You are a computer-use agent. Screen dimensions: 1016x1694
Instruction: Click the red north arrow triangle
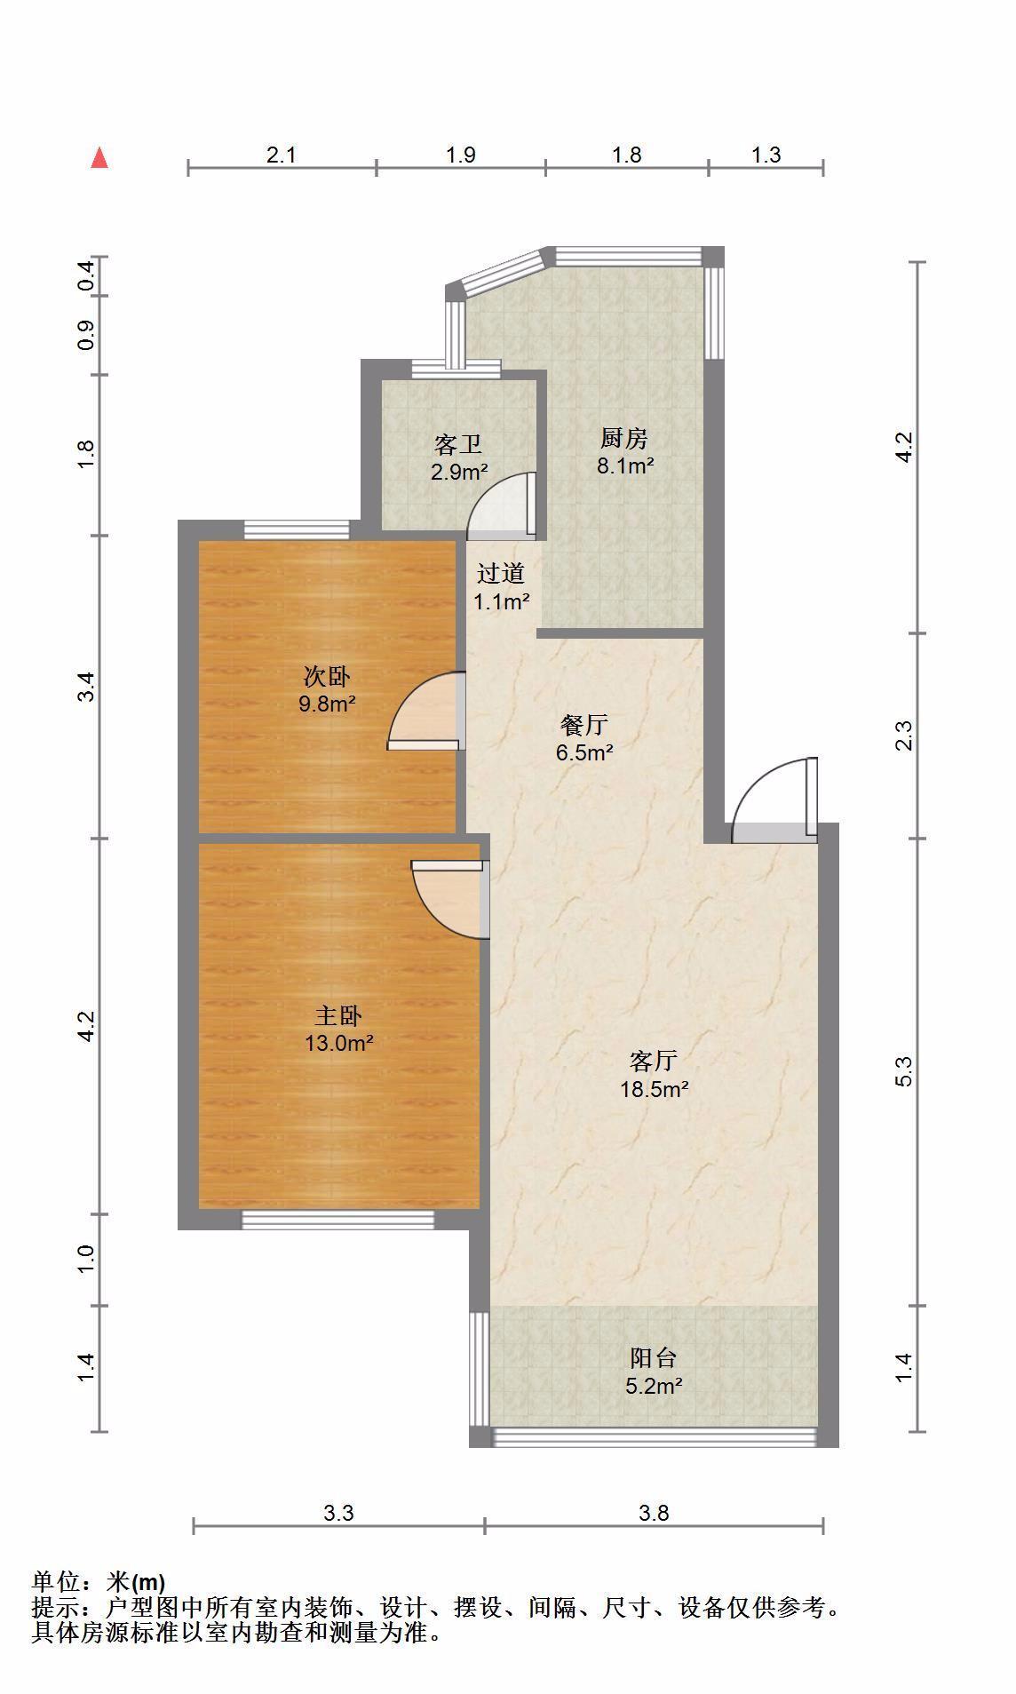(x=100, y=159)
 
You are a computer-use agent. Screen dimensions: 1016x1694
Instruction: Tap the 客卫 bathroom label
(x=458, y=444)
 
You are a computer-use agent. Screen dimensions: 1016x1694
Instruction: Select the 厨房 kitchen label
(x=624, y=438)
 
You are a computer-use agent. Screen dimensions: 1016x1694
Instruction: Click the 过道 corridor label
(x=501, y=574)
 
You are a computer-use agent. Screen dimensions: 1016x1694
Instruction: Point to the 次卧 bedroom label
(x=327, y=677)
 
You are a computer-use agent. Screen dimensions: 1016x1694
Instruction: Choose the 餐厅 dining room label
(x=584, y=725)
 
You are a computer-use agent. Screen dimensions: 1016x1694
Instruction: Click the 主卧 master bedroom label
(x=338, y=1015)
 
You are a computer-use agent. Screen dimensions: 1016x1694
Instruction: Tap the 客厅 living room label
(x=654, y=1061)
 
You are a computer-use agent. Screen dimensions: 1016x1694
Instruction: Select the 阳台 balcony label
(x=654, y=1357)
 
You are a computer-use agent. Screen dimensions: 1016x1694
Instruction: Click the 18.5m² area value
(x=655, y=1089)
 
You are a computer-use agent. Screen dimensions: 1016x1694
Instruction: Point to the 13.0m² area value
(x=338, y=1043)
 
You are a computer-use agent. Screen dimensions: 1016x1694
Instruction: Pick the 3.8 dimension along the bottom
(x=654, y=1512)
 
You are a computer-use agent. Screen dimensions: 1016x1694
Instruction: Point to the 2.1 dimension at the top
(x=281, y=155)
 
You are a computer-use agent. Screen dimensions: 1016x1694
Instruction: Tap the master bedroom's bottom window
(x=338, y=1221)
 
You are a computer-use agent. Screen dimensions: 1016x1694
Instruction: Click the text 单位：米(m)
(x=99, y=1582)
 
